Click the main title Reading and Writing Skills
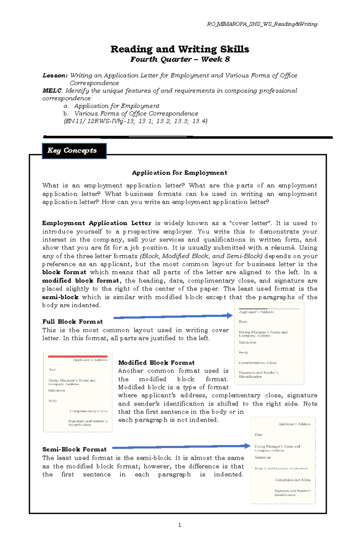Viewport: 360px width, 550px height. tap(180, 49)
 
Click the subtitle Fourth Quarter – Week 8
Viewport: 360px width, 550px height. tap(180, 59)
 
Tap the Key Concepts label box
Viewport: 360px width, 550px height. tap(74, 151)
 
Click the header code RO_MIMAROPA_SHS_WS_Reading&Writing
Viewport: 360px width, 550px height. tap(262, 24)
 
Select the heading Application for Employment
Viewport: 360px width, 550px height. tap(179, 173)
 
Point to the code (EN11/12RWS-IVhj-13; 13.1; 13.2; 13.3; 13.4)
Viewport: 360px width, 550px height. tap(135, 121)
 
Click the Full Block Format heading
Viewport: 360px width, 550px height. tap(72, 322)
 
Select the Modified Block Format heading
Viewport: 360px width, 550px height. tap(156, 363)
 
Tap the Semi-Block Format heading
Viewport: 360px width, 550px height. tap(74, 449)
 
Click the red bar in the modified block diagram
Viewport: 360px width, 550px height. tap(78, 356)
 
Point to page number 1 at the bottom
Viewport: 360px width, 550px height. tap(179, 525)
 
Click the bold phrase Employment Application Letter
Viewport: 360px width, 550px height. tap(97, 223)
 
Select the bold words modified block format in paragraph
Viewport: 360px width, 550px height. tap(80, 281)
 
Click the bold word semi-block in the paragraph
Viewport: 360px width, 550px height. tap(60, 297)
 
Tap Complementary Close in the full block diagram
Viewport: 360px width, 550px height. tap(257, 363)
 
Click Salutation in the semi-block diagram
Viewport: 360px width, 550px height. tap(262, 457)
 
